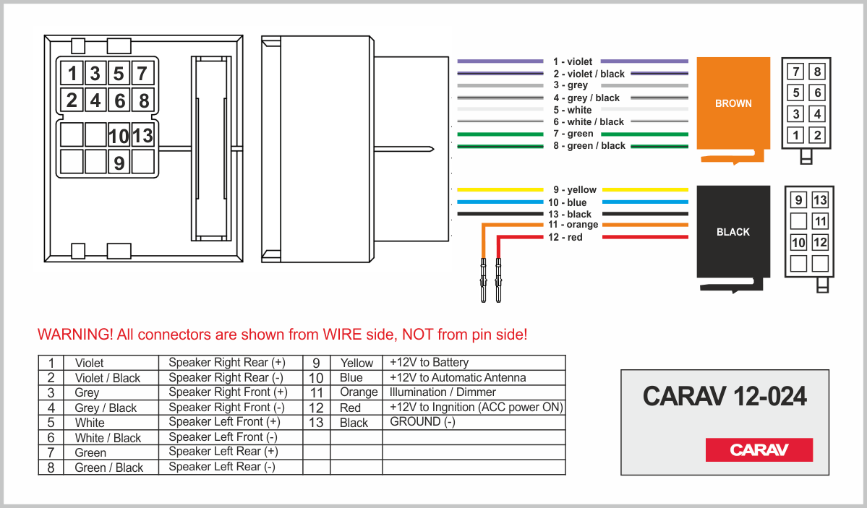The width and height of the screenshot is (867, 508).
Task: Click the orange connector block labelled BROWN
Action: click(733, 103)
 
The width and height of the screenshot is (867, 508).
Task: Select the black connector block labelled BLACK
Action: click(733, 232)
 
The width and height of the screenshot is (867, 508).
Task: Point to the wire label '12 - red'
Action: click(566, 238)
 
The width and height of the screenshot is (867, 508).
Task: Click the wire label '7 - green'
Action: click(573, 134)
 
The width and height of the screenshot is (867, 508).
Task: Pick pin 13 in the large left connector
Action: click(142, 135)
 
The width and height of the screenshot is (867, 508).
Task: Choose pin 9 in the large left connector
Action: click(119, 163)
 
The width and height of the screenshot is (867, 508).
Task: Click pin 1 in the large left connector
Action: click(72, 73)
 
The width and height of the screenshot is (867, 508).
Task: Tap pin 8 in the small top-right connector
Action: click(817, 72)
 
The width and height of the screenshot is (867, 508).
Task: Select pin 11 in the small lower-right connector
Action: click(819, 221)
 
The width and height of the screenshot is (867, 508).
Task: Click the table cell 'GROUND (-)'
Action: click(422, 422)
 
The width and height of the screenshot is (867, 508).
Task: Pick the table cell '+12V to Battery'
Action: click(429, 362)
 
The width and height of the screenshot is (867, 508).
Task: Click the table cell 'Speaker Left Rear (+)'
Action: click(223, 452)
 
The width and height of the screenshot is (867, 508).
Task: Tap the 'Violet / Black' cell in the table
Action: click(108, 378)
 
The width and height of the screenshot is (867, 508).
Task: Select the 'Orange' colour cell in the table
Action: click(359, 392)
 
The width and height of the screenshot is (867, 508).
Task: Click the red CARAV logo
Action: click(759, 449)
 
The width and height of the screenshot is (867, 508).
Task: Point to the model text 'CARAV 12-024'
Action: click(725, 396)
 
